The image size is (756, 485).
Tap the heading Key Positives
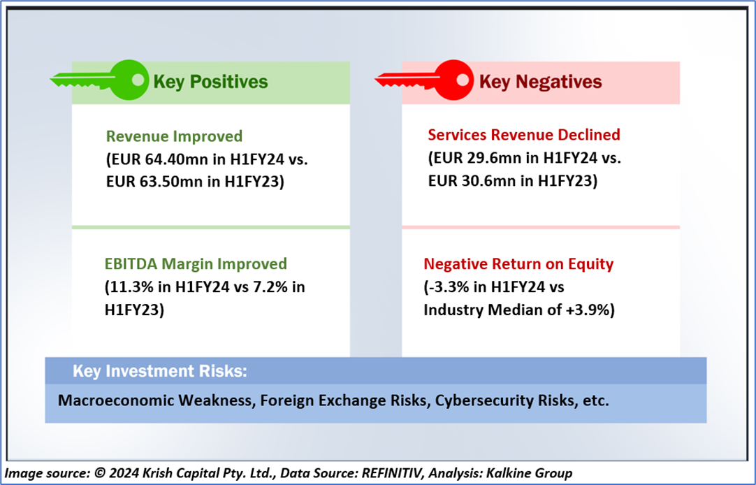pos(210,82)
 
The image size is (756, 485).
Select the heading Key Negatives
pos(541,82)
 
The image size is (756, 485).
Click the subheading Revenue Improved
pos(174,136)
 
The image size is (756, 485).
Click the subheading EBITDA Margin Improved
pos(196,264)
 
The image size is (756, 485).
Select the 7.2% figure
pos(271,287)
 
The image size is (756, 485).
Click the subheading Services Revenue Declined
pos(524,134)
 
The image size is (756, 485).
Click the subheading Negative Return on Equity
pos(518,264)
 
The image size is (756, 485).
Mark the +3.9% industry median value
pos(588,310)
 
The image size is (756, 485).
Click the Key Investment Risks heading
pos(159,371)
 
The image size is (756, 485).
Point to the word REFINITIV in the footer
pos(392,473)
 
